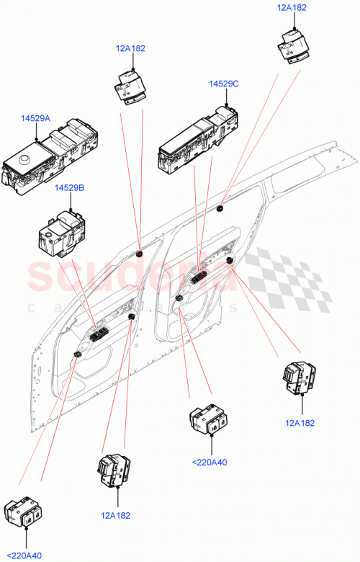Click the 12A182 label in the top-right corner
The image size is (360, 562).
click(292, 8)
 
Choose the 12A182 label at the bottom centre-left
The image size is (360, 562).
click(117, 515)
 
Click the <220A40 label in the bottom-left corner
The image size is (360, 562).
click(26, 556)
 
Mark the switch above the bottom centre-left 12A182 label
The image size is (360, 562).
click(113, 473)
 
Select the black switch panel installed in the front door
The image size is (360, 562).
click(99, 332)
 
